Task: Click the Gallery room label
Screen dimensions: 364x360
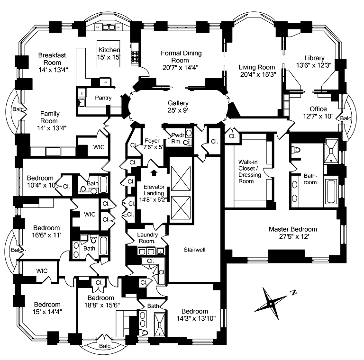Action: [178, 103]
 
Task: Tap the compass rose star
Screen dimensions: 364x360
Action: [271, 304]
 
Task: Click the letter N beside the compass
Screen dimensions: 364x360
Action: [294, 293]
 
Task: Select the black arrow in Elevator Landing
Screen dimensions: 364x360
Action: [154, 173]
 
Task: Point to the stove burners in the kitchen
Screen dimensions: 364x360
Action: [135, 57]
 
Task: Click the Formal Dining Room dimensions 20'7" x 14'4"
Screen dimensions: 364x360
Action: [181, 67]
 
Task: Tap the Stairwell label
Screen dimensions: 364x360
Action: [194, 250]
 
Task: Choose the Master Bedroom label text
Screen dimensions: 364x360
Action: [293, 229]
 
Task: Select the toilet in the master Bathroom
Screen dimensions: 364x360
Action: [296, 150]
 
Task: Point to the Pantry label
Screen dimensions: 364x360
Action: [103, 98]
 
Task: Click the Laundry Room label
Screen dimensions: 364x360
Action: [147, 238]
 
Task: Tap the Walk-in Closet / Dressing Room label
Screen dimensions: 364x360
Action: [250, 171]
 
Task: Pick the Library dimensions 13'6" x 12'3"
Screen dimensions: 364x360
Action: [314, 65]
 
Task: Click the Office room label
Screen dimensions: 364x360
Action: [318, 109]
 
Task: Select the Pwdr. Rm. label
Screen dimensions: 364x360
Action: [178, 138]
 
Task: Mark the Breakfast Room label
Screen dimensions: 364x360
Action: [52, 59]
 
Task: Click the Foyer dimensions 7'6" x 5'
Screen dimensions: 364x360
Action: [153, 147]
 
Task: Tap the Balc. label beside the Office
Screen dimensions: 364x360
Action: [346, 118]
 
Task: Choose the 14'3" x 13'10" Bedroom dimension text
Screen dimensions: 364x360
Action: [196, 318]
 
